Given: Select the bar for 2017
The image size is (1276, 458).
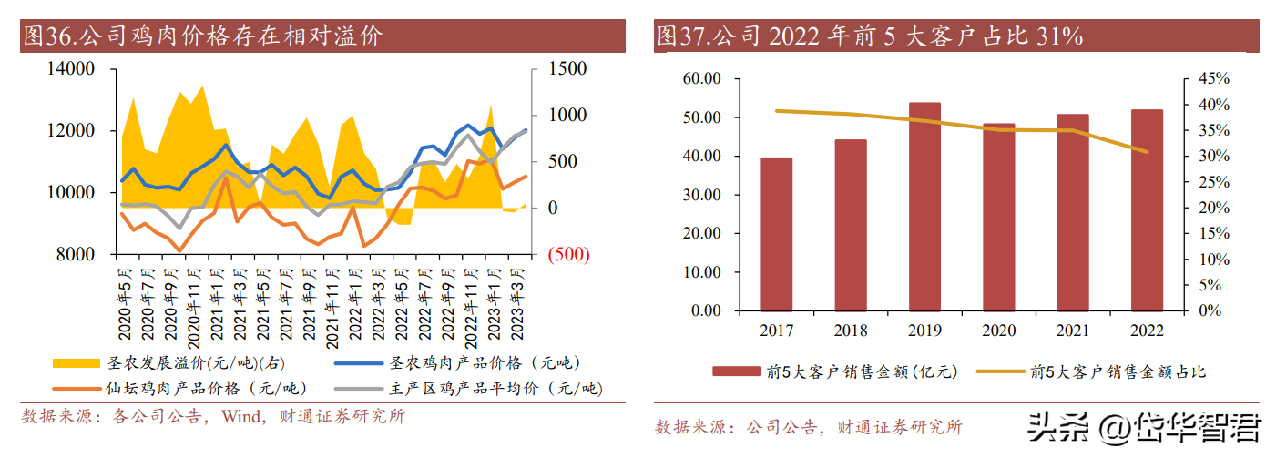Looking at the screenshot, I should click(777, 234).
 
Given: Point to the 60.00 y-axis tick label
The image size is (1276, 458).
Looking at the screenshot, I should click(701, 79).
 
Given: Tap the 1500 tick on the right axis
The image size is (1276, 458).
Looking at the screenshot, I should click(567, 69).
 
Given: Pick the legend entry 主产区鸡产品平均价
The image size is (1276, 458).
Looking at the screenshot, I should click(495, 389).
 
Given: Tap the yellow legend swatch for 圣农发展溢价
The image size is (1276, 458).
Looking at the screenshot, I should click(77, 363).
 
